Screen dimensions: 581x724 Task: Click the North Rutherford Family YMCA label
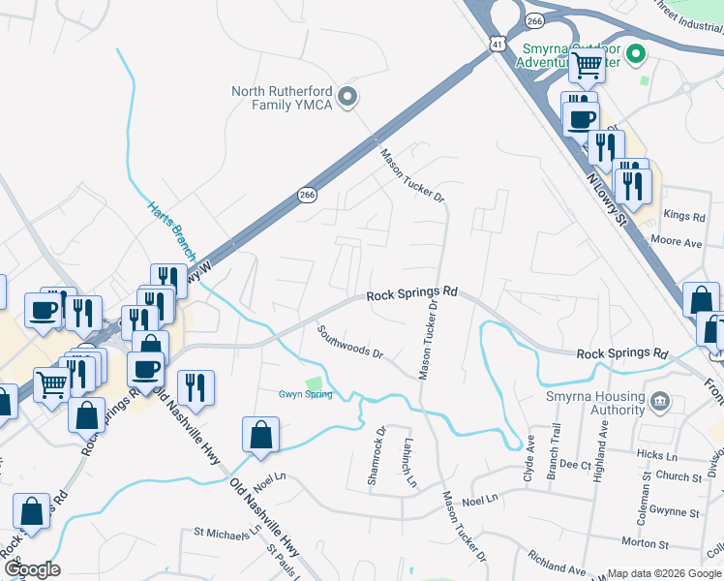(x=281, y=98)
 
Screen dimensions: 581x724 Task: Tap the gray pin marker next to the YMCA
(x=350, y=97)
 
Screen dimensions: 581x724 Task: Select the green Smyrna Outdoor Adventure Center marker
(x=636, y=54)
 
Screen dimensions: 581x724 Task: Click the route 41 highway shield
(x=497, y=46)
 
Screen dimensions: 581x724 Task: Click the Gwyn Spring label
(x=306, y=394)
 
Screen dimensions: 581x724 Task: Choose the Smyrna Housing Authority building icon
(x=660, y=400)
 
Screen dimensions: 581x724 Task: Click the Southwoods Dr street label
(x=350, y=342)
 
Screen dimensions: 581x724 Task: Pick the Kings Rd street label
(x=685, y=217)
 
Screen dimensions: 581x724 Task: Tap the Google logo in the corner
(x=32, y=569)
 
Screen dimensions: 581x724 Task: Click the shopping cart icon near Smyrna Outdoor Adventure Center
(x=587, y=66)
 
